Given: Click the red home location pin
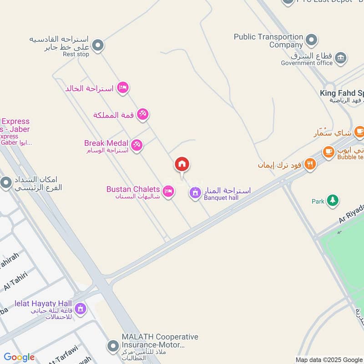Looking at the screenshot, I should tap(182, 165).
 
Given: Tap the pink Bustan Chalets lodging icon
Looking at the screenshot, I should tap(168, 192).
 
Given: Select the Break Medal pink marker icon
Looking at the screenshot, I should tap(136, 146).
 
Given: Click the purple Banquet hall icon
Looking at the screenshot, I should tap(195, 193).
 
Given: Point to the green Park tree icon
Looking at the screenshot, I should tap(333, 201).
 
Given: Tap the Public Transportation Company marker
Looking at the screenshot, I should tap(312, 40).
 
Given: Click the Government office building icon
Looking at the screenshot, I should tap(340, 58).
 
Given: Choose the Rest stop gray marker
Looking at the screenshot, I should tap(97, 45).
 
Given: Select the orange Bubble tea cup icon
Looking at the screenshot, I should tap(329, 152).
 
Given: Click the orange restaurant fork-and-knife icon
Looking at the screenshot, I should tap(311, 164).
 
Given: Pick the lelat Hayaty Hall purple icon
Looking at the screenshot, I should tap(81, 309).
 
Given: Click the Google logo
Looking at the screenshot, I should tap(19, 358).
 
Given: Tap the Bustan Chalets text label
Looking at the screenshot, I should tap(133, 189).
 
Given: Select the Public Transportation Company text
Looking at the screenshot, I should tap(268, 40).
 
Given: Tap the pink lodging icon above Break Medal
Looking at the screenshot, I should tap(122, 87).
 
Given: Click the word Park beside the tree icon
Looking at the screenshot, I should tap(318, 201).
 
